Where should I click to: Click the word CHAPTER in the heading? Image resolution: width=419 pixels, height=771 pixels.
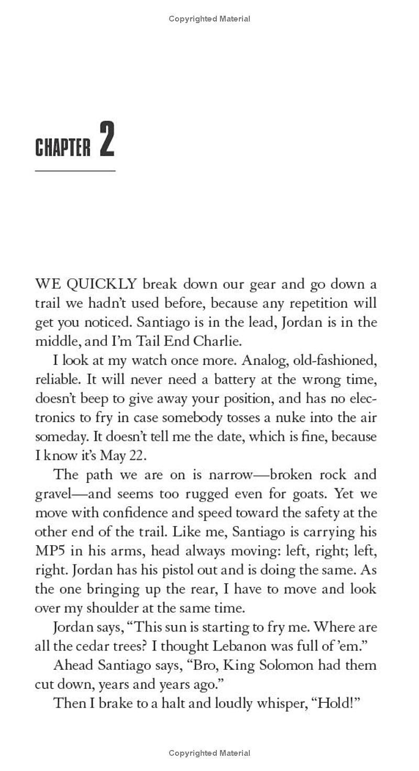tap(63, 147)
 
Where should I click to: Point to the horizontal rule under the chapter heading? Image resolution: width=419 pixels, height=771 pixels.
tap(75, 171)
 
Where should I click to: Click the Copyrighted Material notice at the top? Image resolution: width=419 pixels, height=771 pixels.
tap(210, 19)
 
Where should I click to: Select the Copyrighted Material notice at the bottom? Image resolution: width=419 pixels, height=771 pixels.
tap(210, 753)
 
